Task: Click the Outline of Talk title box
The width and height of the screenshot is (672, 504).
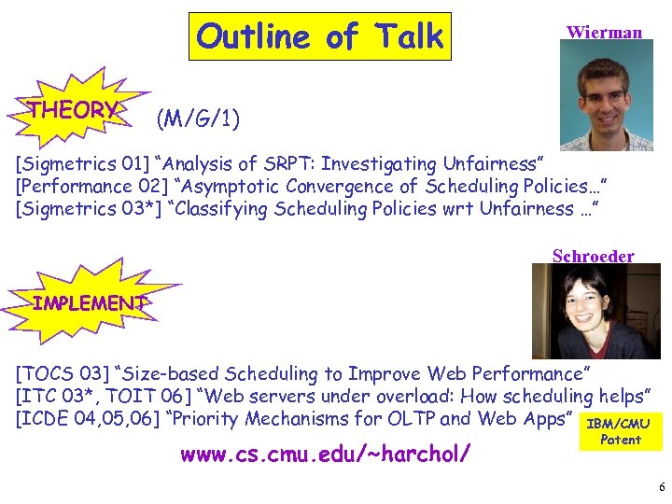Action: click(x=320, y=37)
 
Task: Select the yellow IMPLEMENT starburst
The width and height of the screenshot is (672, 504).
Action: click(x=87, y=302)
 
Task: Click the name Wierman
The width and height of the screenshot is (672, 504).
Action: click(x=604, y=33)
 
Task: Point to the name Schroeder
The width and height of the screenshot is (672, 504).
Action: click(x=593, y=256)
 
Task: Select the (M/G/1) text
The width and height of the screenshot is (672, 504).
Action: click(x=198, y=119)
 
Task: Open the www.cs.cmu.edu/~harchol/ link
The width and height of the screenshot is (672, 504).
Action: click(x=325, y=455)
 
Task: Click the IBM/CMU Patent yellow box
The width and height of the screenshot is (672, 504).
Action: click(x=620, y=432)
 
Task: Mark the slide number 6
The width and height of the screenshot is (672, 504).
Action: click(x=661, y=487)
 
